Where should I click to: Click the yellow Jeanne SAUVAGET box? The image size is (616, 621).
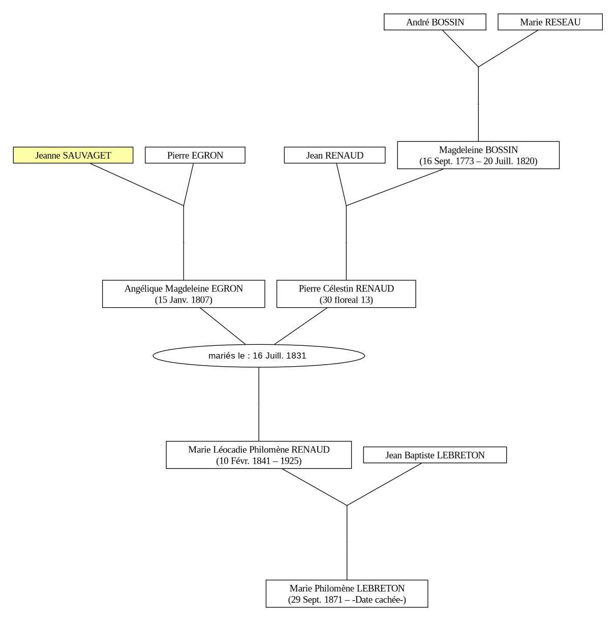click(x=73, y=155)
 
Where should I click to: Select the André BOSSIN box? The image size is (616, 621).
click(x=435, y=22)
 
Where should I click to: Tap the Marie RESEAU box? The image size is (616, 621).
click(x=550, y=22)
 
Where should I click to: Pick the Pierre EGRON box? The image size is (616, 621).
click(x=195, y=155)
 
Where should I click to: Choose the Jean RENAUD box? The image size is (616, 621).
click(x=334, y=155)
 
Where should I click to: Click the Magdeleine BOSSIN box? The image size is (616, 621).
click(x=478, y=155)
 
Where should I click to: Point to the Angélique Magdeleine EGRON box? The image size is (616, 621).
click(x=183, y=293)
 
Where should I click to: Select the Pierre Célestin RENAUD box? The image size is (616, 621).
click(x=346, y=293)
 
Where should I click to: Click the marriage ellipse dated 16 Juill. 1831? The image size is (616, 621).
click(x=259, y=356)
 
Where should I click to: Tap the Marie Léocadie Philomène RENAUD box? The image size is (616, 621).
click(x=259, y=455)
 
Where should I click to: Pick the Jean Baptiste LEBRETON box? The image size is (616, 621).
click(x=435, y=455)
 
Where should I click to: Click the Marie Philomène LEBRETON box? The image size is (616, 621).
click(x=347, y=594)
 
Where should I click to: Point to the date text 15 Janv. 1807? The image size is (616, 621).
click(x=183, y=300)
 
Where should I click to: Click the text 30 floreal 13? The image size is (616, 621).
click(x=346, y=300)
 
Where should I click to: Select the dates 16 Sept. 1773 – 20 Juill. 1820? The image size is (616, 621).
click(x=478, y=161)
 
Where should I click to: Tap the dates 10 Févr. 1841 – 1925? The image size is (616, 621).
click(x=259, y=461)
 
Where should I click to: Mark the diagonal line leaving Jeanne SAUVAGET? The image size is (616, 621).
click(x=137, y=184)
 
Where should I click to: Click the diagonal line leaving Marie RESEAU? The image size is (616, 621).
click(x=508, y=49)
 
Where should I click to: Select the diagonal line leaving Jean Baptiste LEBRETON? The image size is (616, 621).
click(x=384, y=484)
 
